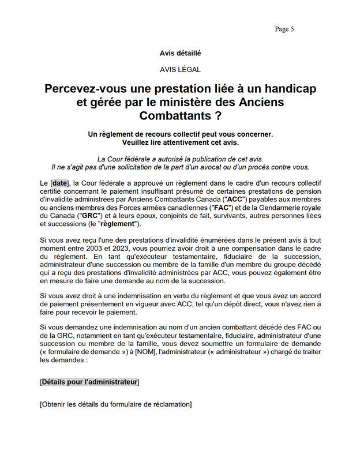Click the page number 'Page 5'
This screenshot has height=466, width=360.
click(284, 29)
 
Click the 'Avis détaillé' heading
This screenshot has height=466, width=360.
click(180, 53)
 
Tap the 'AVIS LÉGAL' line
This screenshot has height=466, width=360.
click(180, 70)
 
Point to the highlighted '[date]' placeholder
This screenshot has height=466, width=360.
click(59, 183)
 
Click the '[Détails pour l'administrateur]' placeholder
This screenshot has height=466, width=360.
click(90, 382)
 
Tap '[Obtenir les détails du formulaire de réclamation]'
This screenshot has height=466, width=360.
click(115, 404)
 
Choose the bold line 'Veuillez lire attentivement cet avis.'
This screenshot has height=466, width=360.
click(180, 142)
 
